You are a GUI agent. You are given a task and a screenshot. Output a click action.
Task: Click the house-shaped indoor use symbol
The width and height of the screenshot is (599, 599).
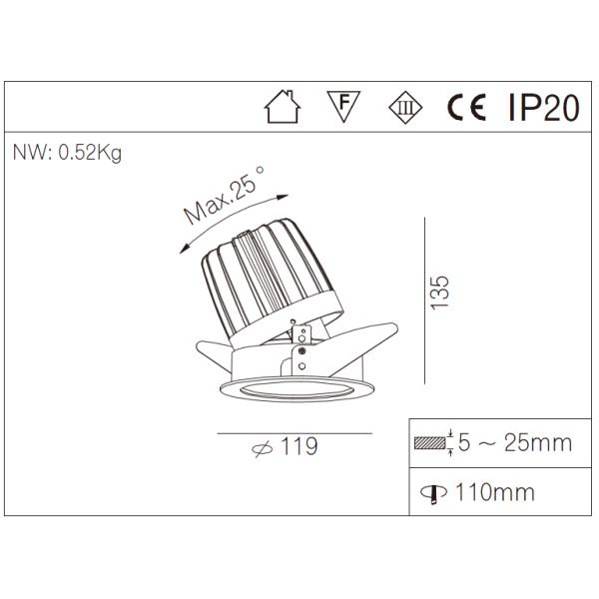(283, 107)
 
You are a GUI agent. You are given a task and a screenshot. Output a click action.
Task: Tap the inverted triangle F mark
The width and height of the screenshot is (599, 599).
(343, 105)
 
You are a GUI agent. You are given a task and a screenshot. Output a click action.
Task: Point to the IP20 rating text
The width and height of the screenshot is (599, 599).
(543, 107)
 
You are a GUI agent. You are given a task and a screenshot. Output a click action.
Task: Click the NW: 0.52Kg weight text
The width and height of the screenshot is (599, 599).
(67, 155)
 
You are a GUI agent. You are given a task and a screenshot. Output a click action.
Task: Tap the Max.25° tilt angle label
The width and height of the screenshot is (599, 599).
(225, 196)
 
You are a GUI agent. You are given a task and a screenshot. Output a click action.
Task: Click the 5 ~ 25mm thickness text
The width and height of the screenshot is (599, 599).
(515, 442)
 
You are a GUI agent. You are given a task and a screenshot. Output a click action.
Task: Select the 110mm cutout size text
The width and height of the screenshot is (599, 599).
(494, 492)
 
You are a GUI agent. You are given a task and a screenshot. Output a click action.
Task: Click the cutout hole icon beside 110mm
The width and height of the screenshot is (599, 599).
(436, 492)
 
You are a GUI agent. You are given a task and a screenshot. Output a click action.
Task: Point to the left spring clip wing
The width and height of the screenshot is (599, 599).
(212, 351)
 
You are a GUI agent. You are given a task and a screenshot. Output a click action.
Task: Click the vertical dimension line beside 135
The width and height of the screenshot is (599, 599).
(426, 299)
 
